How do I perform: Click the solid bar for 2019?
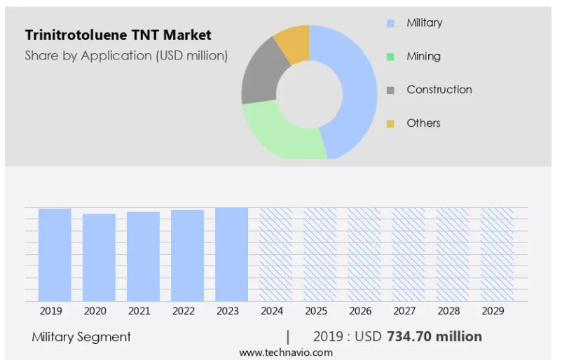55,255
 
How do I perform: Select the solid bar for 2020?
99,258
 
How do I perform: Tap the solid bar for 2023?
231,254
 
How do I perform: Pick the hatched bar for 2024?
275,254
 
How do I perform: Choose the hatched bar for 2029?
496,254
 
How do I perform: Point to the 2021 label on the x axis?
139,311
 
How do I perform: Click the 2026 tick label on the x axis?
359,311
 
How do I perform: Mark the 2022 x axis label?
183,311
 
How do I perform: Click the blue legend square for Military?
390,23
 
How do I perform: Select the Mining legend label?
423,56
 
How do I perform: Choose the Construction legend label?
439,90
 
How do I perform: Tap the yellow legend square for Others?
390,123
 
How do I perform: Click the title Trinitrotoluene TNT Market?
118,34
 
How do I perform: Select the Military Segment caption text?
81,337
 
